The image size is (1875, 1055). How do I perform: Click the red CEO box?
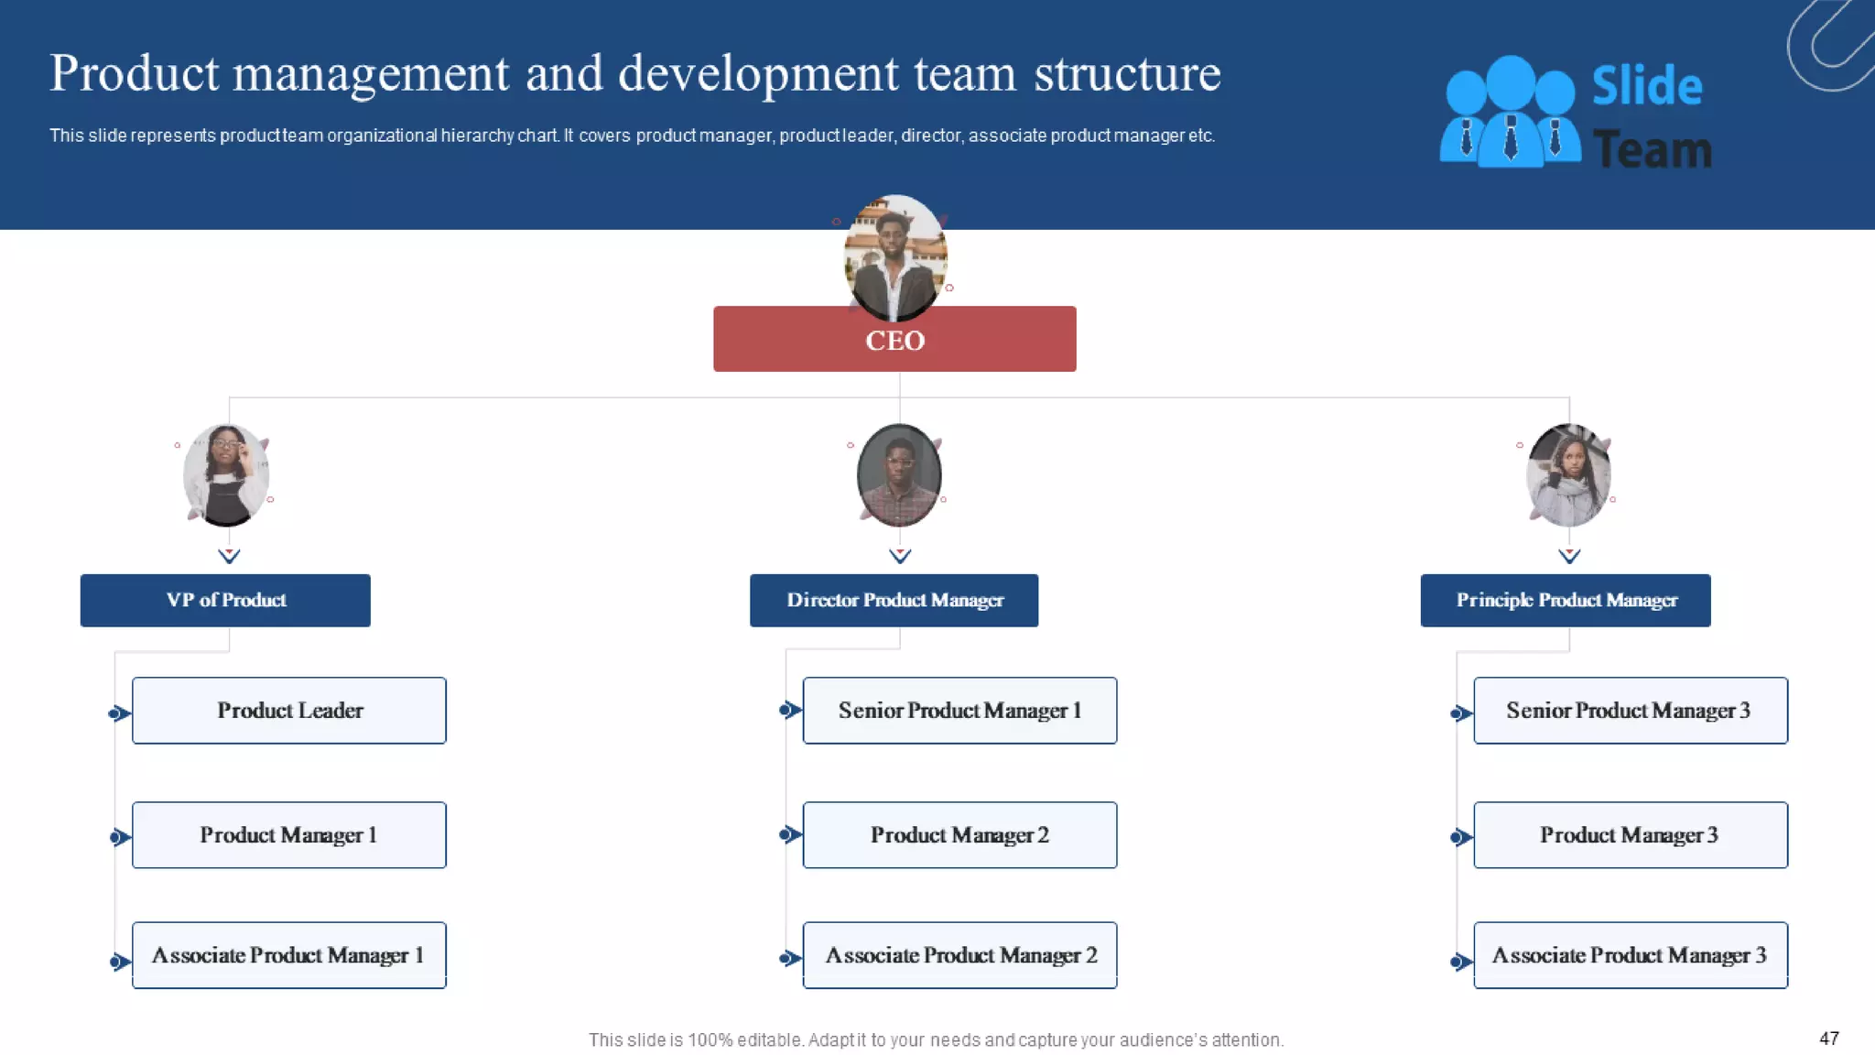click(x=894, y=339)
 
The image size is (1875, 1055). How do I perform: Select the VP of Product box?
click(x=225, y=600)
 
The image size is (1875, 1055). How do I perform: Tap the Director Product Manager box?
click(x=894, y=600)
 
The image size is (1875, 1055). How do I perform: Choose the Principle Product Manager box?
click(x=1565, y=600)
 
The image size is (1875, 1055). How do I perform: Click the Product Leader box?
click(x=289, y=710)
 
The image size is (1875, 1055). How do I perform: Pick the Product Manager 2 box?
click(x=959, y=834)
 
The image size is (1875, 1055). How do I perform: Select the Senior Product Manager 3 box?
click(x=1630, y=710)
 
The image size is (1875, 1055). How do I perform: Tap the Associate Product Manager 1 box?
click(x=289, y=954)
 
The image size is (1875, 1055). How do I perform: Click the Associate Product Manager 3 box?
click(x=1630, y=954)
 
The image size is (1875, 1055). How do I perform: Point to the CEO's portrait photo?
click(x=894, y=256)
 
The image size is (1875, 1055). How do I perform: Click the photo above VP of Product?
click(x=226, y=474)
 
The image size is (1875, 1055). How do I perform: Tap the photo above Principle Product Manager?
click(x=1568, y=474)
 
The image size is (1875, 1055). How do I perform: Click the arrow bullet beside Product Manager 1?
click(x=119, y=837)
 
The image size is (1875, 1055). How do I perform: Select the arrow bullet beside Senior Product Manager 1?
click(x=789, y=710)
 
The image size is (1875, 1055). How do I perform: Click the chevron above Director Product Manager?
click(x=900, y=555)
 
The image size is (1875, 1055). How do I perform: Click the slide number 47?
click(x=1828, y=1038)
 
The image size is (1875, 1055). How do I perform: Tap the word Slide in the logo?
click(x=1646, y=86)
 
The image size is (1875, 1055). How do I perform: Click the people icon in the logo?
click(x=1509, y=112)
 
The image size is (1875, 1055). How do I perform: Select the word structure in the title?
click(x=1127, y=73)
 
